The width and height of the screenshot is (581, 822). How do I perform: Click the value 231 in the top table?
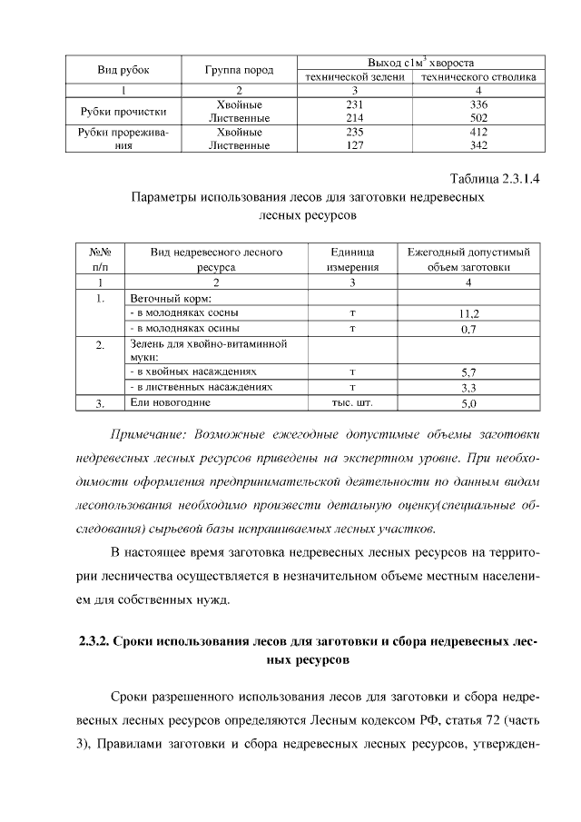tap(355, 105)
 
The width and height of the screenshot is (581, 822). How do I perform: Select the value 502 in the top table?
tap(478, 118)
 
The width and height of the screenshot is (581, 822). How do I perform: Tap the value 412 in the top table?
tap(478, 132)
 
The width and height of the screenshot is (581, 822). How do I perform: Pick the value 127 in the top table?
tap(355, 144)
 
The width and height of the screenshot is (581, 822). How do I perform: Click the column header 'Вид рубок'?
tap(123, 70)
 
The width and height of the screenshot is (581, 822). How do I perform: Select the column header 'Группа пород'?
tap(239, 70)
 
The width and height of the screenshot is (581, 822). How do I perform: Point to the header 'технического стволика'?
tap(478, 77)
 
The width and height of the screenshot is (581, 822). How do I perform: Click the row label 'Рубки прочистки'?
tap(123, 112)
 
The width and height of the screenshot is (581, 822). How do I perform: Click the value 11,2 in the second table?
tap(468, 313)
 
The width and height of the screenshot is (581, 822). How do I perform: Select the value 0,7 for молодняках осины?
tap(468, 329)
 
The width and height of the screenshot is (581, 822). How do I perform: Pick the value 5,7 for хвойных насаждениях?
tap(468, 372)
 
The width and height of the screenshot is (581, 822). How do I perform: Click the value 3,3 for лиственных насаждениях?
tap(468, 388)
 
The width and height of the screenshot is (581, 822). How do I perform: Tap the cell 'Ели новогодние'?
tap(171, 402)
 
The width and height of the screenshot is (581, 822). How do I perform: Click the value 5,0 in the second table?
tap(468, 402)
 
